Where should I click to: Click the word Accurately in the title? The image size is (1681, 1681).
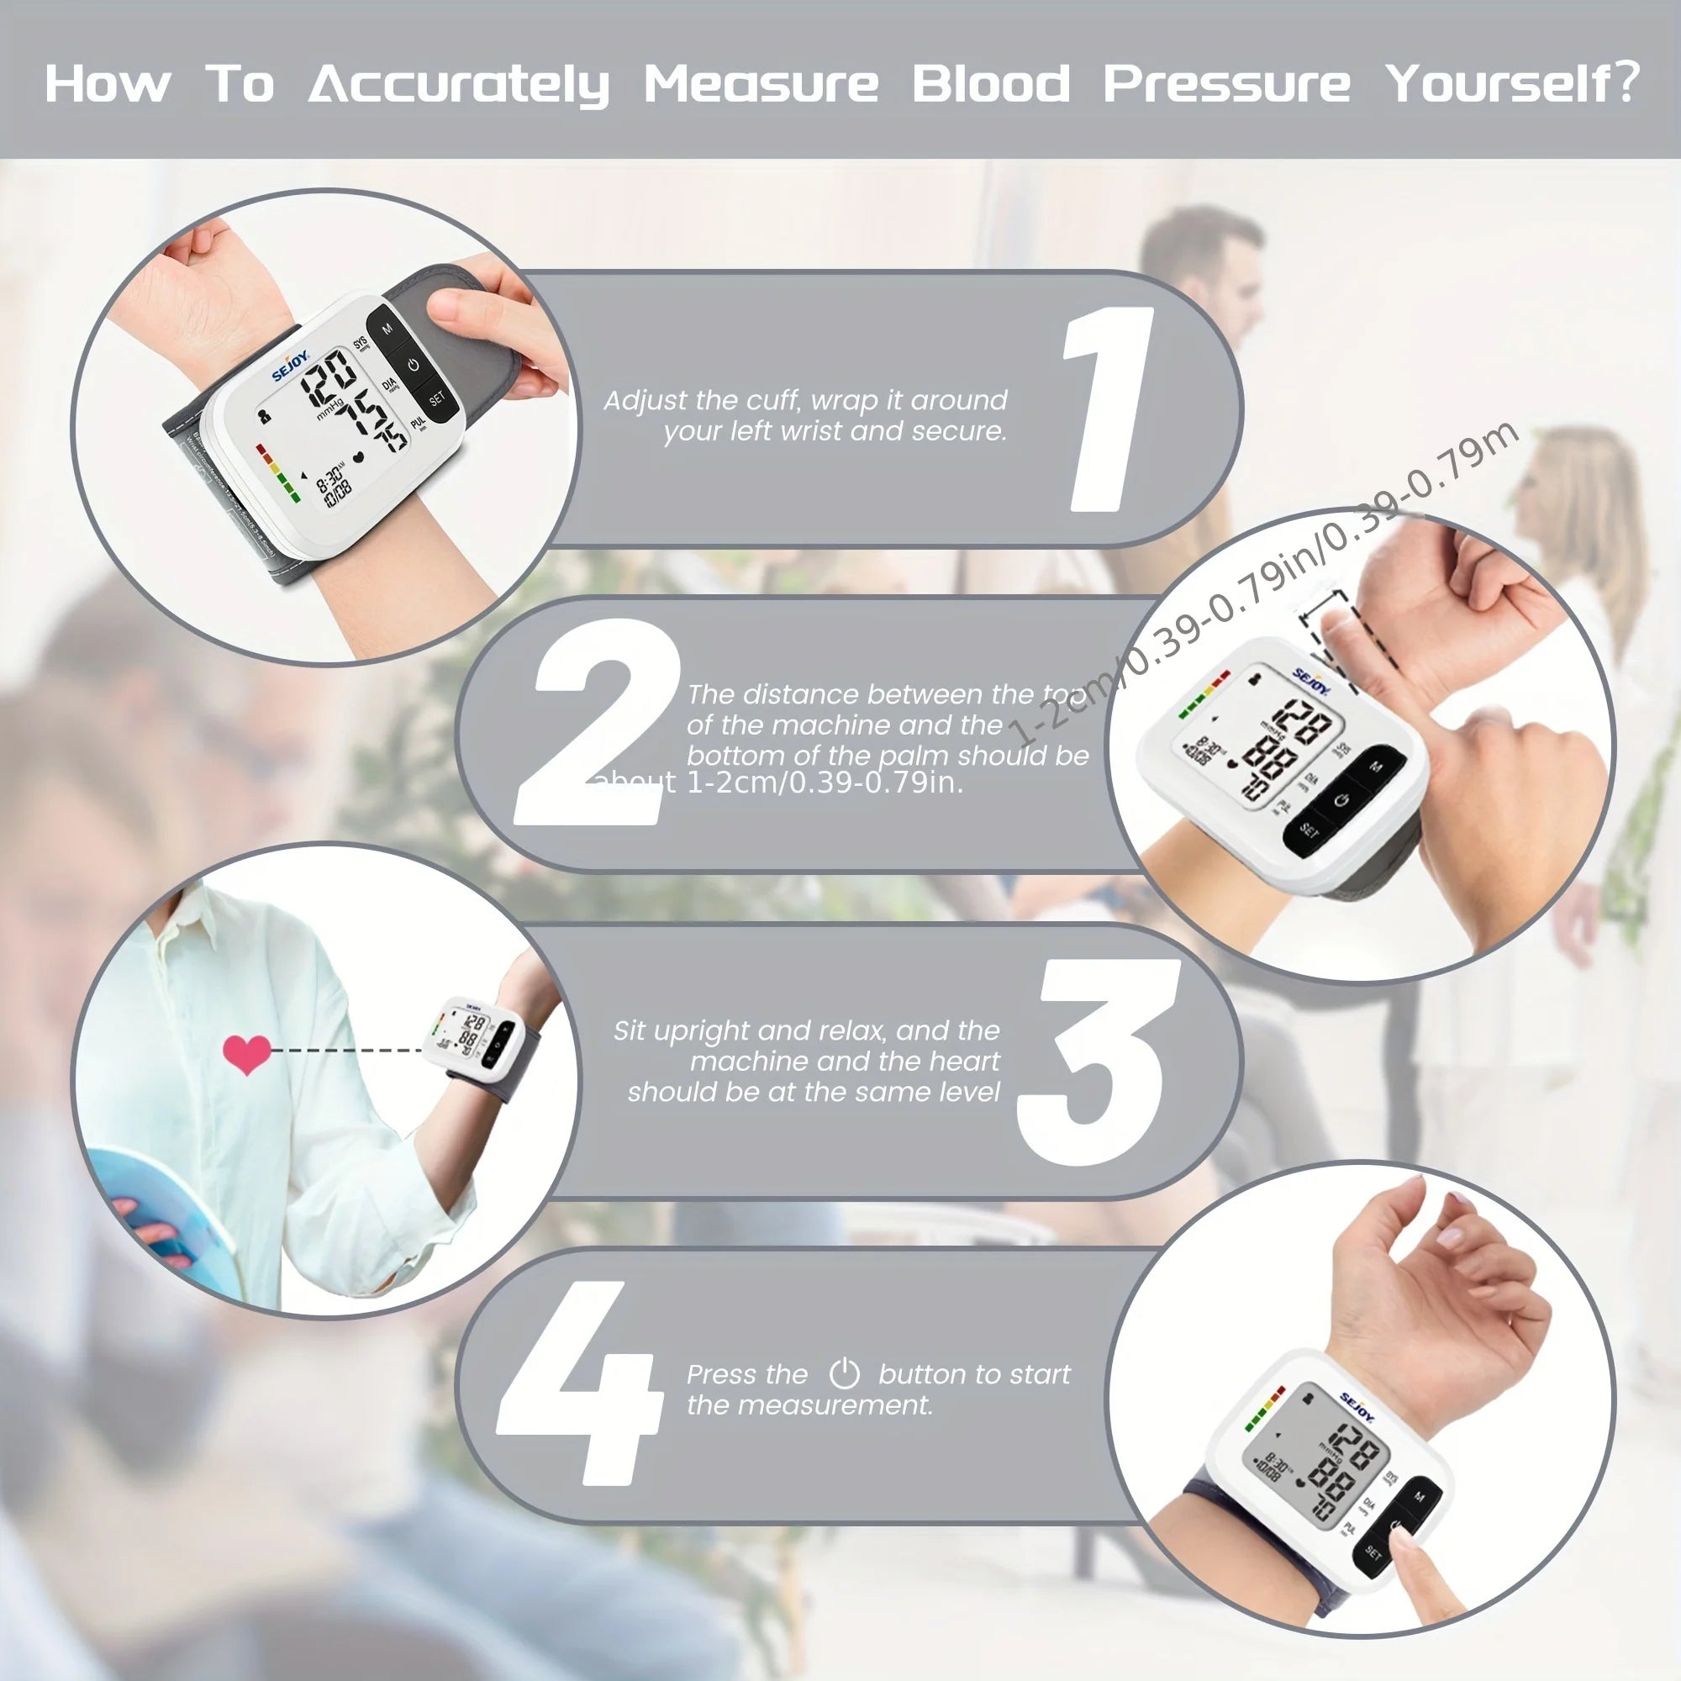[459, 84]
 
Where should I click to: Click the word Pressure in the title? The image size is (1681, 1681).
[1226, 84]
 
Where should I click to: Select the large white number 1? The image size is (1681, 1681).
[1107, 409]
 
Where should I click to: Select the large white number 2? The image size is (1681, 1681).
[596, 722]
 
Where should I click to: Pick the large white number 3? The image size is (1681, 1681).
[1098, 1061]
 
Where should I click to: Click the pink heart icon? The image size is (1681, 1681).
[247, 1054]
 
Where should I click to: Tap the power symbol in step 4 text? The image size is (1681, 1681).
[843, 1374]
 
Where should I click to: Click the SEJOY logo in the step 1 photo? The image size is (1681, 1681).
[291, 366]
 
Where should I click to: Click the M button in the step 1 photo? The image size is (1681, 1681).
[387, 329]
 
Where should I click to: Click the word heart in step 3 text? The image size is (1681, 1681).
[964, 1061]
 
